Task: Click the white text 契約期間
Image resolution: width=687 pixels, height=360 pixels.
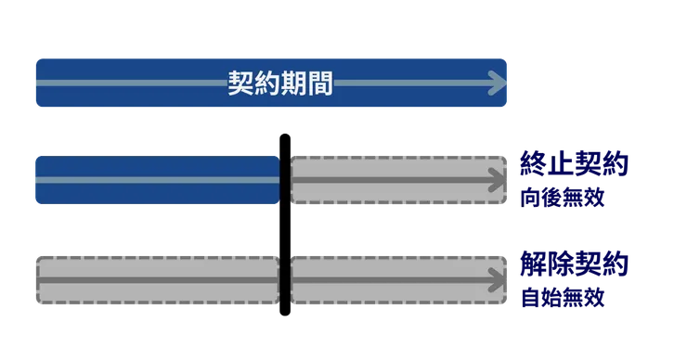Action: (x=280, y=84)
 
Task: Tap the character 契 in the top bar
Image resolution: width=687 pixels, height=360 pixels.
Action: (x=241, y=84)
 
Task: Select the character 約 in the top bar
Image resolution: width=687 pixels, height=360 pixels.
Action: (x=267, y=84)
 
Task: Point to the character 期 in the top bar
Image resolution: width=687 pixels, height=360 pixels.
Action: (x=293, y=84)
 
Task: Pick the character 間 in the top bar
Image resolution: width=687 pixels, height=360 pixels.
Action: (x=319, y=84)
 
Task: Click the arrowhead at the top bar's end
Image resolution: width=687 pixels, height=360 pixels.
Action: (x=499, y=84)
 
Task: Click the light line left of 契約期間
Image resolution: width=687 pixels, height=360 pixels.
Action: (x=130, y=84)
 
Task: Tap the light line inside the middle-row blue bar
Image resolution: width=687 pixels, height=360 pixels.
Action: (x=156, y=179)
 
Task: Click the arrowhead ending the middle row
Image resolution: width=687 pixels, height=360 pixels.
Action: (x=502, y=180)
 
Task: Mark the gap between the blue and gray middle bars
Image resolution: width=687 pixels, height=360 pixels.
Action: (x=285, y=179)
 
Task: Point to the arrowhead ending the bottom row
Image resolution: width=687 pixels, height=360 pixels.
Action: (x=502, y=279)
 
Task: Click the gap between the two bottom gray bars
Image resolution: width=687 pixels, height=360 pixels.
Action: (x=285, y=279)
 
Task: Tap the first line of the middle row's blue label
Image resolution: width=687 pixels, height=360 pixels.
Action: (x=575, y=166)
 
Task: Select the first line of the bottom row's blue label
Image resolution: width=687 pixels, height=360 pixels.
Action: (x=575, y=265)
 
